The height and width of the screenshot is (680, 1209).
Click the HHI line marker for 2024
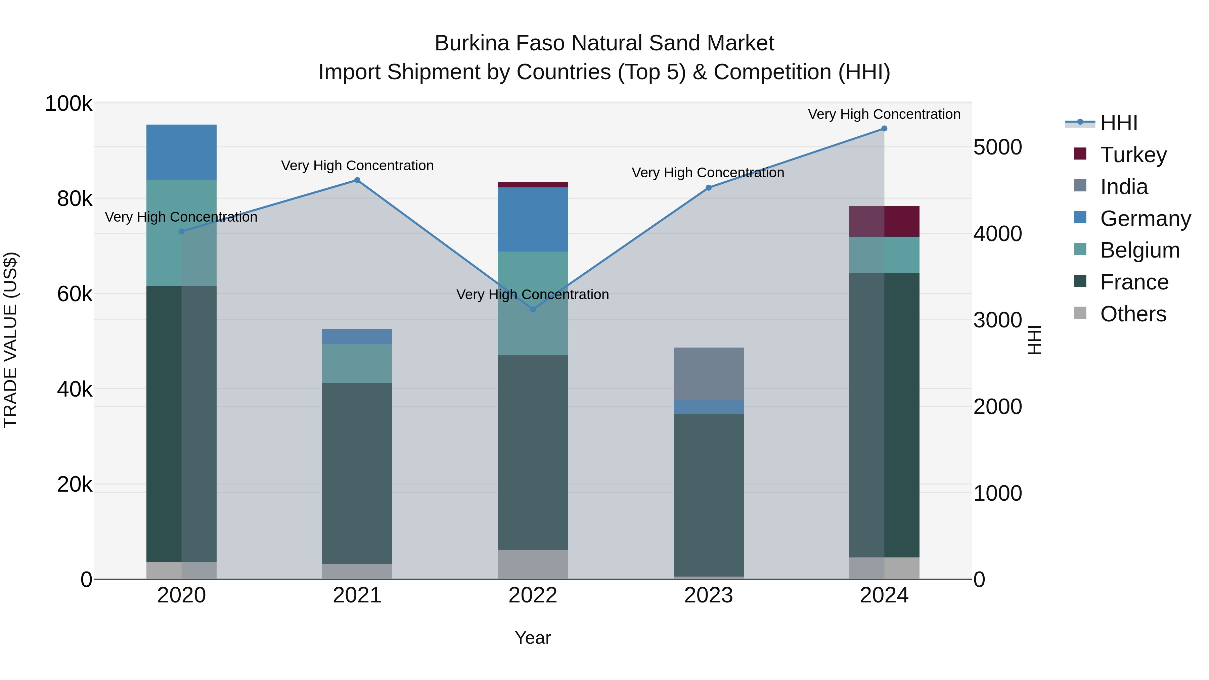[884, 129]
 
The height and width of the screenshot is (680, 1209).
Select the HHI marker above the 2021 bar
[357, 180]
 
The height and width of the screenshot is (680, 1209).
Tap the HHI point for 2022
[533, 309]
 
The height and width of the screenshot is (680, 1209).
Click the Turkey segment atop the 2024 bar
[884, 222]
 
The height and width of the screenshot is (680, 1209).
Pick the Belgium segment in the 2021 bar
[357, 364]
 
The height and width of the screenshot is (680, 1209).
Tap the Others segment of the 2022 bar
[533, 564]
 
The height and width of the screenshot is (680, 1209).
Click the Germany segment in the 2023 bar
[708, 407]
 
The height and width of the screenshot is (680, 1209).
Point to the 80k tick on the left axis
[75, 199]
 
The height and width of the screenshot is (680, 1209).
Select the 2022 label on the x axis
[533, 595]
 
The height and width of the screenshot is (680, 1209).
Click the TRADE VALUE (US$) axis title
[11, 340]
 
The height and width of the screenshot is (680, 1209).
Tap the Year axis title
[533, 638]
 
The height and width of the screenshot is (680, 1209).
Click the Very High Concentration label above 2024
[884, 115]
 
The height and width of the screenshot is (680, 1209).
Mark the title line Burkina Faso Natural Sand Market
[604, 43]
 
